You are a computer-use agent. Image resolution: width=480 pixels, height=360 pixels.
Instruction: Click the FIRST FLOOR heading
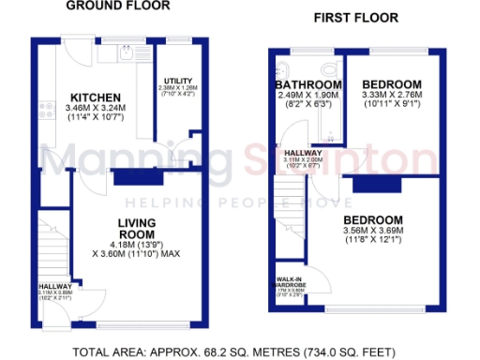tap(355, 17)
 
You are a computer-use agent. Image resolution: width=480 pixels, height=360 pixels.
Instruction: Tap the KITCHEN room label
tap(97, 97)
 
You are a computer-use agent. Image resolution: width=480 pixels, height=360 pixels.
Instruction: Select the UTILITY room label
tap(178, 82)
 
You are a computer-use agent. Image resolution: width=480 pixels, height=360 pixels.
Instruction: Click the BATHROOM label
tap(308, 85)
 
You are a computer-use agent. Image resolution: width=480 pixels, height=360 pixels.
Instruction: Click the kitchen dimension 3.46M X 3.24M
tap(97, 110)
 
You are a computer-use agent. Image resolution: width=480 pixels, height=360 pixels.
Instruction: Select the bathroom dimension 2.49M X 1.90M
tap(308, 97)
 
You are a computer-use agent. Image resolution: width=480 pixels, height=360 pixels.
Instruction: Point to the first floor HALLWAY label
tap(304, 153)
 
